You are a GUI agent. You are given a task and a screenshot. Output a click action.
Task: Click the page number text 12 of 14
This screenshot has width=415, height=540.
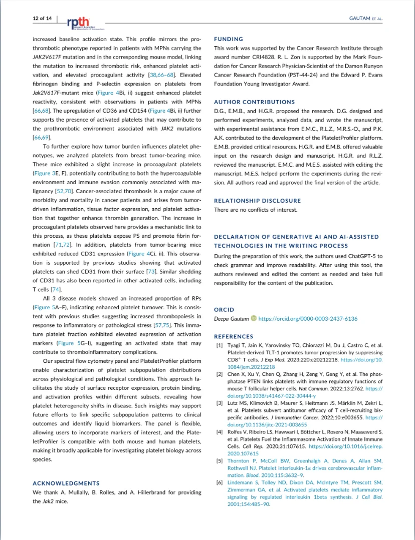click(x=42, y=18)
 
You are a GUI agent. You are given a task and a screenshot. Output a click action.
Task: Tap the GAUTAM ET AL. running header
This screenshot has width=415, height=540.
click(x=365, y=19)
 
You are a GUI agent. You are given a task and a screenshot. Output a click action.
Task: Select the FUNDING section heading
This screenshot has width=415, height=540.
click(x=229, y=39)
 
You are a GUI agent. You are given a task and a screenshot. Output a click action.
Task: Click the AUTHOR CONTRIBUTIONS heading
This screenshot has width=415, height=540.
click(x=254, y=102)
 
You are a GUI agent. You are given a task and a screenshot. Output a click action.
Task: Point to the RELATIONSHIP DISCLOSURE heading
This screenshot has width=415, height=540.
click(x=257, y=201)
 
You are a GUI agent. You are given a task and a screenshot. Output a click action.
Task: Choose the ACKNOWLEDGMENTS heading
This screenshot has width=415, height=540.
click(x=66, y=483)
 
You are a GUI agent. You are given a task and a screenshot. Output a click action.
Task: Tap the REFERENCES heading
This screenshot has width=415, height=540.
click(x=234, y=337)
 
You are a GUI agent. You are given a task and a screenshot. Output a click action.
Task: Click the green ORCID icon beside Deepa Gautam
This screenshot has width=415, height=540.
click(x=253, y=318)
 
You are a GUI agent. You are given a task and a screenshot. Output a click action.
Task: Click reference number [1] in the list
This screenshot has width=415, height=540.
click(x=220, y=345)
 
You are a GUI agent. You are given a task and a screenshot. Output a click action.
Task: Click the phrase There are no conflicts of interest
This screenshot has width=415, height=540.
click(x=255, y=210)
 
